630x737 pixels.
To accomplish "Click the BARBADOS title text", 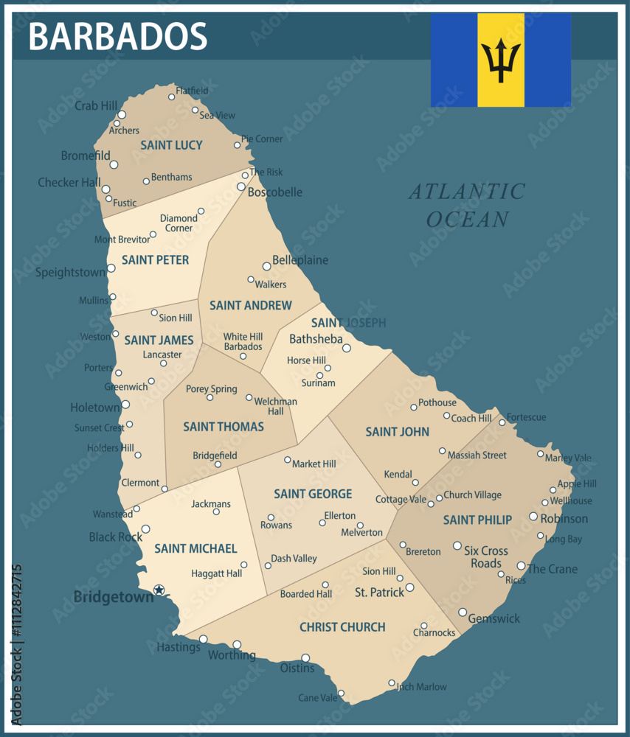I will point(118,35).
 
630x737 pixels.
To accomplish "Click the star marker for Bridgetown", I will point(158,590).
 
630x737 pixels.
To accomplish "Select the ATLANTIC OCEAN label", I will point(468,206).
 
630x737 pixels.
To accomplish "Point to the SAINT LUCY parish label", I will point(171,145).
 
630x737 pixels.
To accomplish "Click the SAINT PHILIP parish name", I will point(477,520).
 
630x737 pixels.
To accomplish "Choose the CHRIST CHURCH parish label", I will point(342,627).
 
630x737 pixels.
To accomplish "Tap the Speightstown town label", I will point(70,273).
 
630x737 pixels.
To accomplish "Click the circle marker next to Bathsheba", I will point(346,348).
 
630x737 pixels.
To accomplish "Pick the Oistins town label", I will point(297,668).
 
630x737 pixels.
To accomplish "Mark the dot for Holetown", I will point(125,404).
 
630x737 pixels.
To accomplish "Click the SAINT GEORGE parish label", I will point(313,494).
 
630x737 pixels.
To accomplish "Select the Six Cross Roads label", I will point(486,557).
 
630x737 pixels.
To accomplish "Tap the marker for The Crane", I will point(521,566).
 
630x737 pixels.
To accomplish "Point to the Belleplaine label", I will point(300,260).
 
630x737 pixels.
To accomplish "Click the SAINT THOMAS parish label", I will point(224,427).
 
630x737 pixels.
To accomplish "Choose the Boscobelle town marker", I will point(240,186).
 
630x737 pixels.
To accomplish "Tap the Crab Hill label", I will point(96,106).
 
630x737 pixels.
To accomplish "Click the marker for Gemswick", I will point(463,612).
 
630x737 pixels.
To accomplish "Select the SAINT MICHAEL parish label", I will point(195,549).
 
